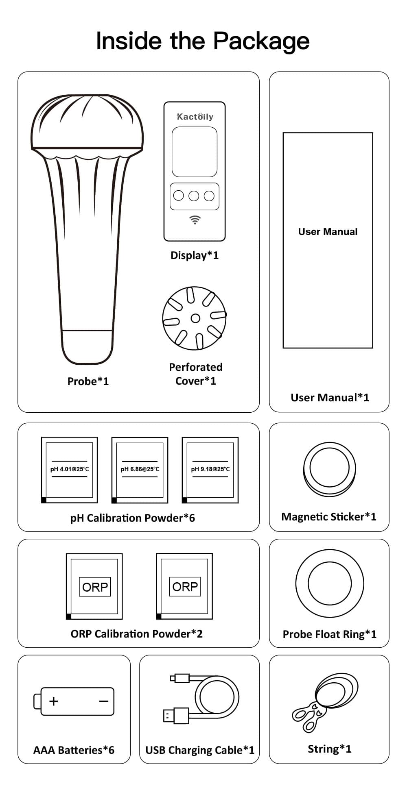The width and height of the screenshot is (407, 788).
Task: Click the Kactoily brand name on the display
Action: click(195, 117)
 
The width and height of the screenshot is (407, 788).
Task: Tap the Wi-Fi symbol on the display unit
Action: click(195, 220)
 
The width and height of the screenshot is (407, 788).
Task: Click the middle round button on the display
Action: click(194, 196)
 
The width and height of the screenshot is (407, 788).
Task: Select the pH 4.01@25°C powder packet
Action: click(70, 470)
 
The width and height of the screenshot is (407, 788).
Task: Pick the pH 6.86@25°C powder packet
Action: click(140, 470)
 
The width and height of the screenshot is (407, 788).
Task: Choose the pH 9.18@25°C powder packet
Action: click(210, 470)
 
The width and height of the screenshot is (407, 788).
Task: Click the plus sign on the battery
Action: click(53, 701)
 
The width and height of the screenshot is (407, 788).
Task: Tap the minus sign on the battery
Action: click(104, 701)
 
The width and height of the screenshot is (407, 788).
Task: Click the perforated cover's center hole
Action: click(195, 318)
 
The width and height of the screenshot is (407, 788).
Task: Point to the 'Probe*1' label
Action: click(88, 381)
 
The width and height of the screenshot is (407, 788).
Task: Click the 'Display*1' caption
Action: click(195, 255)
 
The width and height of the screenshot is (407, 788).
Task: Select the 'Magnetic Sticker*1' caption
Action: click(329, 517)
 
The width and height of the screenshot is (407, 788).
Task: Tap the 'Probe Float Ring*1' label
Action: click(329, 634)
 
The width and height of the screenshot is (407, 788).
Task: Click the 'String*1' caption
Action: click(329, 749)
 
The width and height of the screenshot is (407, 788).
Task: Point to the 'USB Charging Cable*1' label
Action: click(199, 750)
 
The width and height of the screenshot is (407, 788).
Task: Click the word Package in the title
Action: click(261, 41)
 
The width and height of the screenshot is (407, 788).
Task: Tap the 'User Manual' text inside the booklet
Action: click(328, 232)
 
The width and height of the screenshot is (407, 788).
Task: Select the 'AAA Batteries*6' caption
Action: click(74, 750)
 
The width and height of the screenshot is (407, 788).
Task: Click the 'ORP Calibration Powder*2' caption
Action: click(136, 634)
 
